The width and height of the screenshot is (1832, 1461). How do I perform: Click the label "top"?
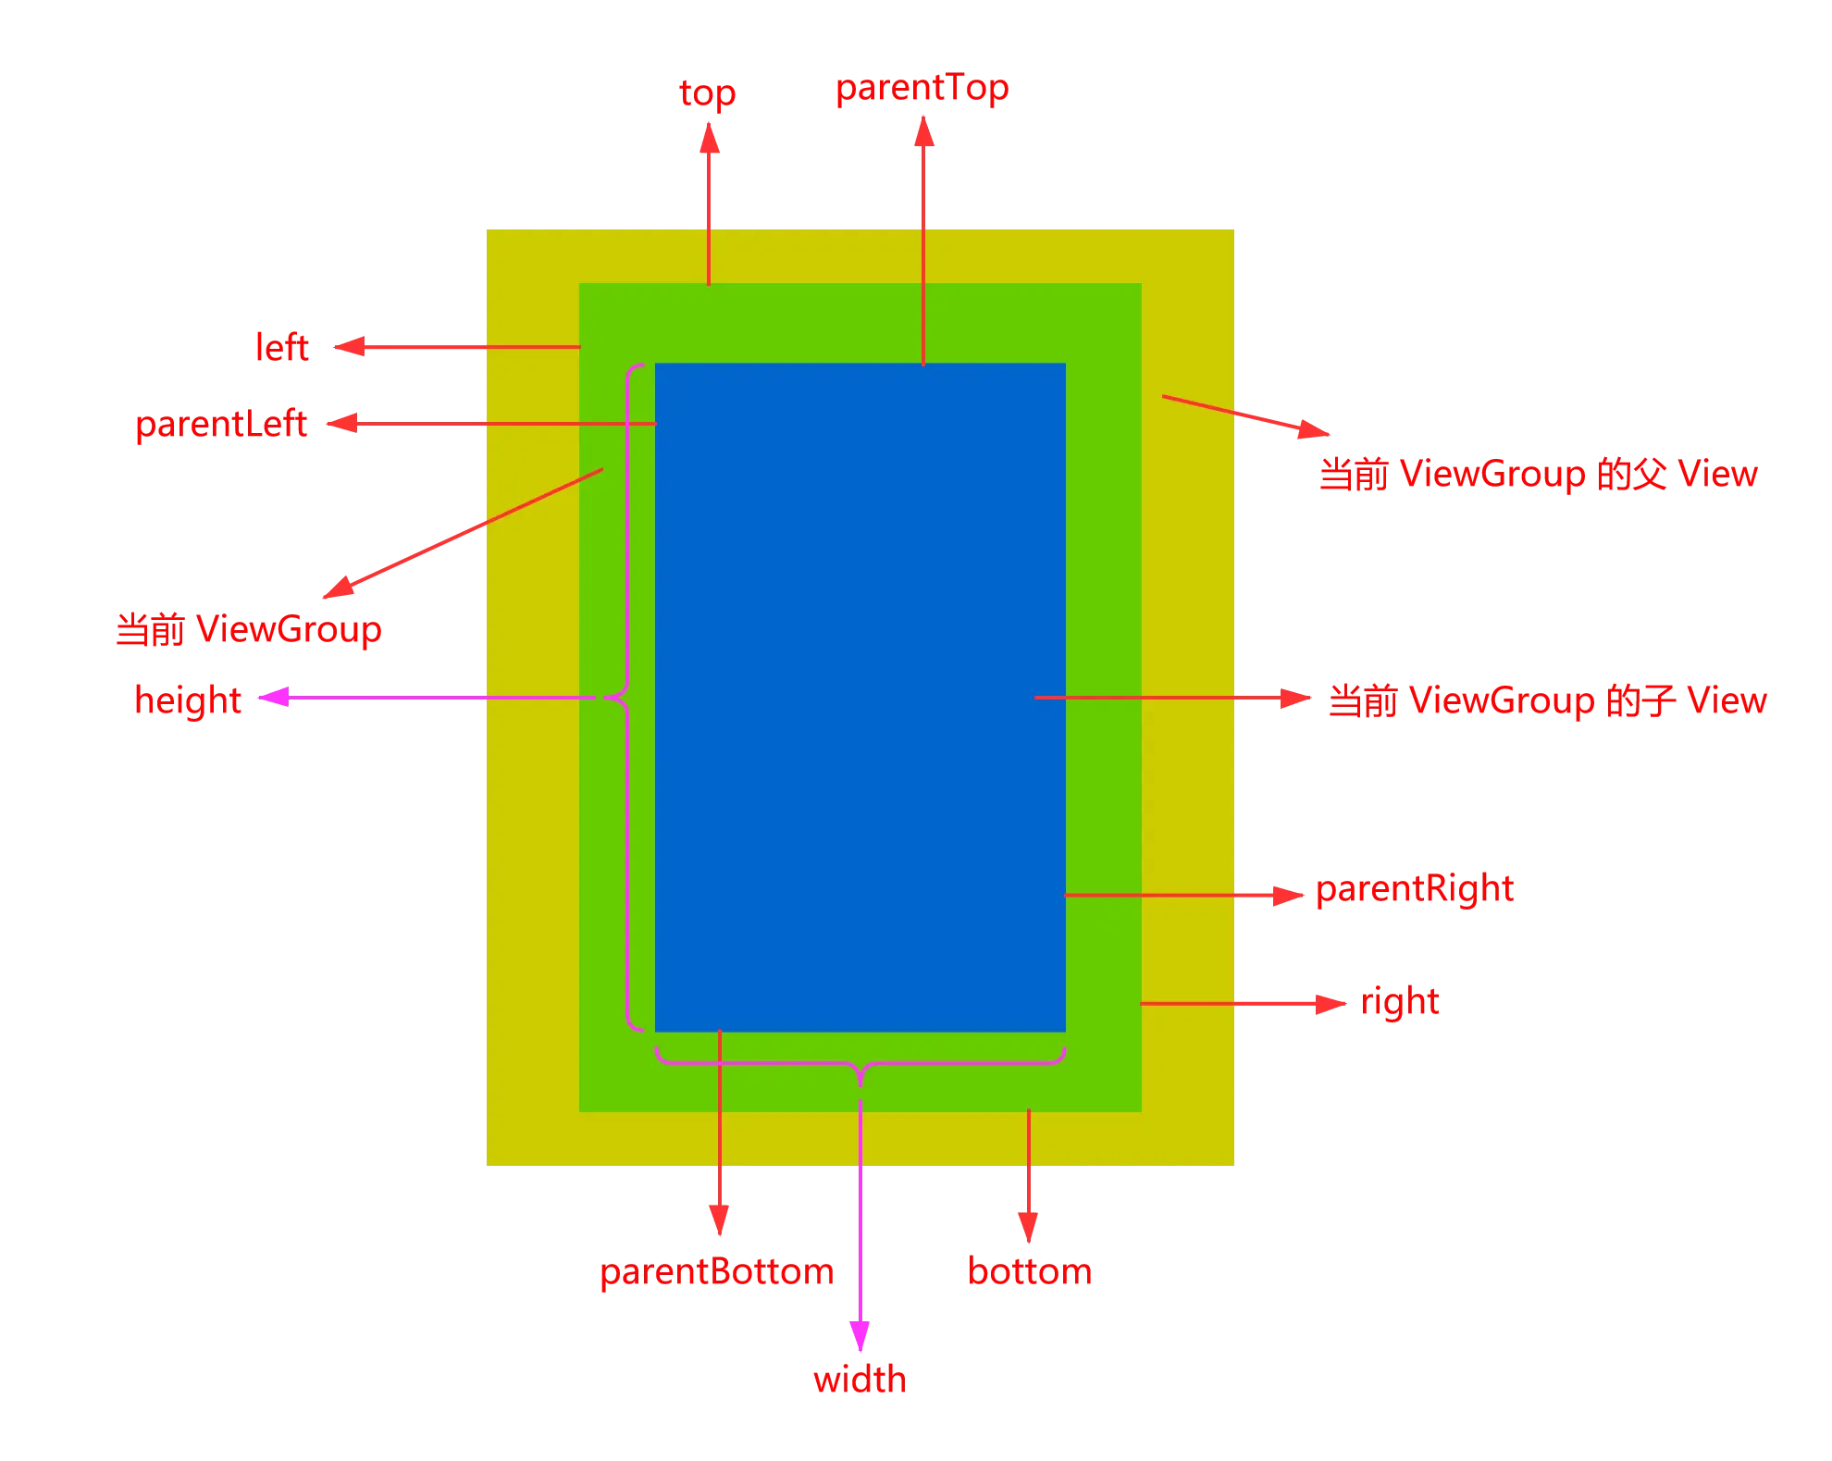[708, 94]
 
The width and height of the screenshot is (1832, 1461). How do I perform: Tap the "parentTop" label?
[922, 90]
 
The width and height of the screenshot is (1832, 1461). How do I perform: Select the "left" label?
[281, 348]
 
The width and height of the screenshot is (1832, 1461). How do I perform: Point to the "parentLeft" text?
[221, 425]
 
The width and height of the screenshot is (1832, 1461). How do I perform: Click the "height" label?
[188, 700]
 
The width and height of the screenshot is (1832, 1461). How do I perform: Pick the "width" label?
[860, 1381]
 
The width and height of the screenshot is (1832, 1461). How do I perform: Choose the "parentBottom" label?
[716, 1272]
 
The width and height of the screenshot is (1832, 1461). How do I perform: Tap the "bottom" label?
[1030, 1271]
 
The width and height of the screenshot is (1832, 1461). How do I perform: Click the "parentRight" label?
[1415, 889]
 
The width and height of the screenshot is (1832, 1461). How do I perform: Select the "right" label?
[1400, 1001]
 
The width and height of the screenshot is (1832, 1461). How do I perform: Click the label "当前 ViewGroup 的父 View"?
[1537, 475]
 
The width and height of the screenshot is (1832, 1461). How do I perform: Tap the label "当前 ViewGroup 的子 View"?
[1546, 700]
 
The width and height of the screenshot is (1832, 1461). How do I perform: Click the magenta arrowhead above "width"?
[860, 1332]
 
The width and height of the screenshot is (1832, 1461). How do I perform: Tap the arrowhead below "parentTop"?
[922, 132]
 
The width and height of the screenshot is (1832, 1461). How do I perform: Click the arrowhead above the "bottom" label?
[1029, 1220]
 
